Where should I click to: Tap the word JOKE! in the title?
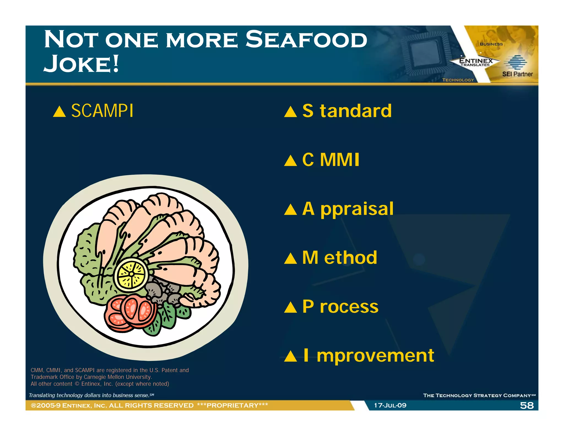[81, 64]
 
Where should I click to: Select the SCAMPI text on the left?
[102, 111]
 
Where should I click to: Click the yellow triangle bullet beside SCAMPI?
[59, 112]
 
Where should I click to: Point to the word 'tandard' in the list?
[356, 111]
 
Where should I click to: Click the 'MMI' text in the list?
[340, 160]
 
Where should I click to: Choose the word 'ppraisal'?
[357, 209]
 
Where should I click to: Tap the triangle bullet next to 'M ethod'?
[290, 259]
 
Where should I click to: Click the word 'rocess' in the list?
[349, 306]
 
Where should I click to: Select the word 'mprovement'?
[375, 356]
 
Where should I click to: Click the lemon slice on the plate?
[131, 274]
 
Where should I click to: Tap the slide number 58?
[527, 405]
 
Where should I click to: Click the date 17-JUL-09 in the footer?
[390, 405]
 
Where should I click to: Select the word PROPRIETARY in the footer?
[232, 405]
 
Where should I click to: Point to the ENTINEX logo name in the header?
[476, 61]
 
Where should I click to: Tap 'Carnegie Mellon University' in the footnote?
[118, 377]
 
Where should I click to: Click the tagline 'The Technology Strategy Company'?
[477, 395]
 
